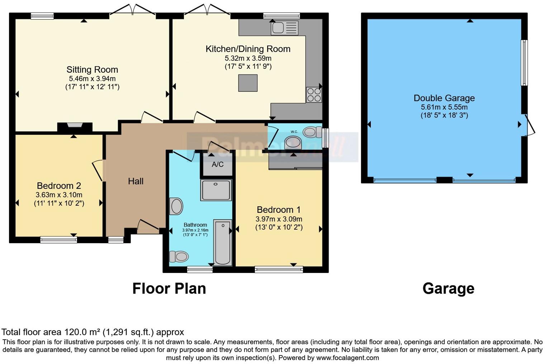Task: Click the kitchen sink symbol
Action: click(x=284, y=28)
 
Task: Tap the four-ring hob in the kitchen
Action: click(x=314, y=95)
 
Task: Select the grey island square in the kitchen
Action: click(x=248, y=83)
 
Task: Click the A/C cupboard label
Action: click(x=217, y=164)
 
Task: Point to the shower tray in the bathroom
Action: click(x=216, y=190)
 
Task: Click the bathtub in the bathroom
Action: click(x=223, y=243)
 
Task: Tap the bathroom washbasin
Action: click(x=176, y=206)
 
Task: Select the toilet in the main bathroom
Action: click(x=179, y=257)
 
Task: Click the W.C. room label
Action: click(x=294, y=132)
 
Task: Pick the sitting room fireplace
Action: click(x=75, y=126)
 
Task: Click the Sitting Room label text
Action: click(x=92, y=70)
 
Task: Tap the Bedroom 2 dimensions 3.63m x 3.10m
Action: click(x=59, y=195)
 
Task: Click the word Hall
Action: click(x=136, y=181)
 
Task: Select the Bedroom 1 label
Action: click(x=279, y=210)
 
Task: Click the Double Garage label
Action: click(x=444, y=98)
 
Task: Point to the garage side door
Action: click(x=529, y=125)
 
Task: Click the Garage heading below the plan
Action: click(x=448, y=288)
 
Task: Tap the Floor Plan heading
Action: click(x=169, y=288)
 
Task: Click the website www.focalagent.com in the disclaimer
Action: click(x=347, y=358)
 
